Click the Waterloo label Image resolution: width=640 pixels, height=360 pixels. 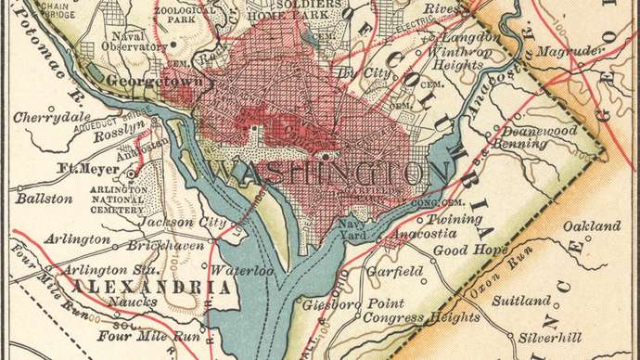tap(243, 271)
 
